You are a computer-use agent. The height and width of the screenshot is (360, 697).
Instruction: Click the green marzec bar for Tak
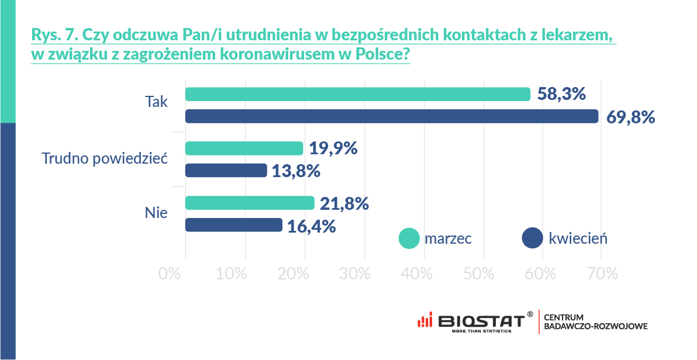(x=357, y=94)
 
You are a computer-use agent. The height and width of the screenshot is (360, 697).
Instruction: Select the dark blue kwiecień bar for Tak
(x=391, y=116)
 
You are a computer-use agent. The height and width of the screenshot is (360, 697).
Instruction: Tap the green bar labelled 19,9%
(x=244, y=148)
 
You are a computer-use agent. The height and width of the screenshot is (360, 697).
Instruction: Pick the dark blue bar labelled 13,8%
(x=226, y=171)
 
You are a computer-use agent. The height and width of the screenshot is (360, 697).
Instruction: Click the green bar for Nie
(x=250, y=203)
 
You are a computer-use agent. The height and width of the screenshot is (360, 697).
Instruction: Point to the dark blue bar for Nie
(x=233, y=225)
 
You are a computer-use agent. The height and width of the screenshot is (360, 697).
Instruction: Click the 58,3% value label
(x=561, y=94)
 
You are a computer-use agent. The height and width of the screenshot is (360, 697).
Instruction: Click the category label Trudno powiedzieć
(x=105, y=158)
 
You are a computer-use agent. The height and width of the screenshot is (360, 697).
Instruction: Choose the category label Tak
(x=156, y=102)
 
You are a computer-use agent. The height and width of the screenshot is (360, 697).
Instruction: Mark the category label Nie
(x=156, y=213)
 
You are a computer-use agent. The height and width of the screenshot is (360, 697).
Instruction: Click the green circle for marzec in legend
(x=409, y=238)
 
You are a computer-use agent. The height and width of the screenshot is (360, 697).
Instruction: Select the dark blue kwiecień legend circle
(x=532, y=238)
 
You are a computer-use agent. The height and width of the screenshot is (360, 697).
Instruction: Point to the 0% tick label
(x=170, y=274)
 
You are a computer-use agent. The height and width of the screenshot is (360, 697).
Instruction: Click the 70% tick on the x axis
(x=602, y=274)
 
